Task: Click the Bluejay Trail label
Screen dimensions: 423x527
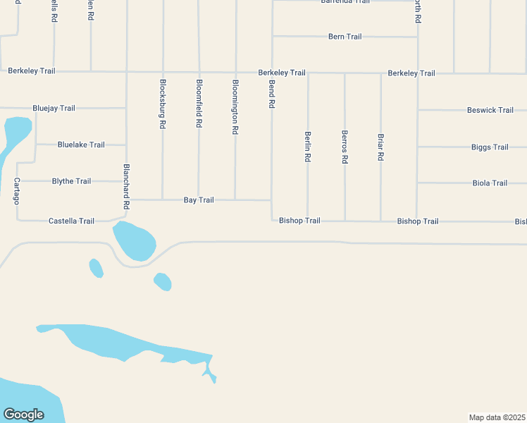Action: (54, 109)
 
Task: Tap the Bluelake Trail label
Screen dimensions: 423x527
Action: (81, 145)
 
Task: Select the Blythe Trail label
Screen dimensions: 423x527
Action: (71, 181)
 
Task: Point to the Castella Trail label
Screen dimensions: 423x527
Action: (71, 221)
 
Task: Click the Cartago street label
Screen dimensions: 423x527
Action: (16, 190)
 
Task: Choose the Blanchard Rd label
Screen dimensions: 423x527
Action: (127, 186)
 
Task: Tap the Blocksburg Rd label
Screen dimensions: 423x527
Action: (163, 103)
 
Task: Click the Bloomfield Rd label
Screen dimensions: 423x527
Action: (199, 103)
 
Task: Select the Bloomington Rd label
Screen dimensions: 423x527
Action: (235, 106)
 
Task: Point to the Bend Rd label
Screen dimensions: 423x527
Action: (272, 94)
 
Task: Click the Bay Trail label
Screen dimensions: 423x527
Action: (199, 200)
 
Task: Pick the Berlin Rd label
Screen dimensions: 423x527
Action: (308, 147)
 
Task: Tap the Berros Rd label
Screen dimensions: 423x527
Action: (345, 147)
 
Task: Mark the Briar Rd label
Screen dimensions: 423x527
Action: (380, 147)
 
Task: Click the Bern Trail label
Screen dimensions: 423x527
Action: (345, 37)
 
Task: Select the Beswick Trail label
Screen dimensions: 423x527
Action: (490, 111)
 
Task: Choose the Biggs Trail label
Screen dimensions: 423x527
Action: (490, 147)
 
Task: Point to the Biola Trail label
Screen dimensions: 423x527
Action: (490, 183)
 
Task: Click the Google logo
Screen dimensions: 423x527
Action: (23, 415)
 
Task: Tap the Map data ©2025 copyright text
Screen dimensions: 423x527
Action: (497, 417)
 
